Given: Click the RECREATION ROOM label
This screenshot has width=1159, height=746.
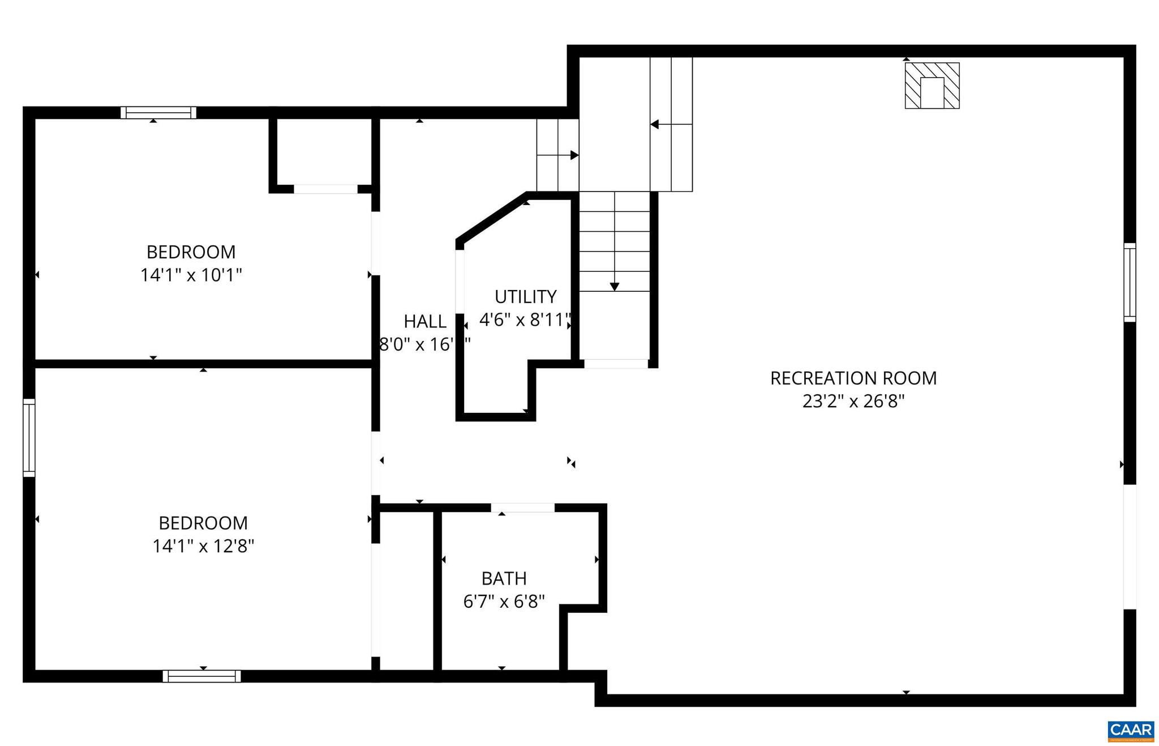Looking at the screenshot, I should click(x=853, y=378).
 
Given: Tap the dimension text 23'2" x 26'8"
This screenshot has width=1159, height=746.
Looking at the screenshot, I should click(x=853, y=402).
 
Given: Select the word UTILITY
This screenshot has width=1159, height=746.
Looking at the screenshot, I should click(x=525, y=297).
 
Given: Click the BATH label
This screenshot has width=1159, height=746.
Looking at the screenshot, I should click(x=504, y=578).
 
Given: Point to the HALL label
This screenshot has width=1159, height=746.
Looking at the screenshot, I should click(x=424, y=322).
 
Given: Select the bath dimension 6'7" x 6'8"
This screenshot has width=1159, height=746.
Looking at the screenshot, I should click(x=504, y=602).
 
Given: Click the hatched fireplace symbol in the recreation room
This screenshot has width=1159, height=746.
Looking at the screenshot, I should click(x=932, y=86).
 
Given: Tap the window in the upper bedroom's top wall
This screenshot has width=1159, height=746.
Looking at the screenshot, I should click(x=158, y=113).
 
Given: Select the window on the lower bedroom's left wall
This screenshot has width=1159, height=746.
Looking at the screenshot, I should click(x=29, y=438).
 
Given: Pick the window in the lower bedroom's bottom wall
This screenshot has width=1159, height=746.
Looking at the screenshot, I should click(x=201, y=676).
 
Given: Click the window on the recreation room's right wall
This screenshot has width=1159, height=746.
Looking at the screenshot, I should click(x=1129, y=283).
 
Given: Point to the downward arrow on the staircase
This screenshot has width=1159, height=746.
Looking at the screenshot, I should click(x=614, y=287).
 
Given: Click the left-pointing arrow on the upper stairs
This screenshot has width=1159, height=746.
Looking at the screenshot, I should click(x=655, y=124).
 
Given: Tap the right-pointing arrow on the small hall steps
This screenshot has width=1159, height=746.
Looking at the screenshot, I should click(x=574, y=155).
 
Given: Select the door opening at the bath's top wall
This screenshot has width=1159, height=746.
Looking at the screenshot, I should click(x=522, y=508).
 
